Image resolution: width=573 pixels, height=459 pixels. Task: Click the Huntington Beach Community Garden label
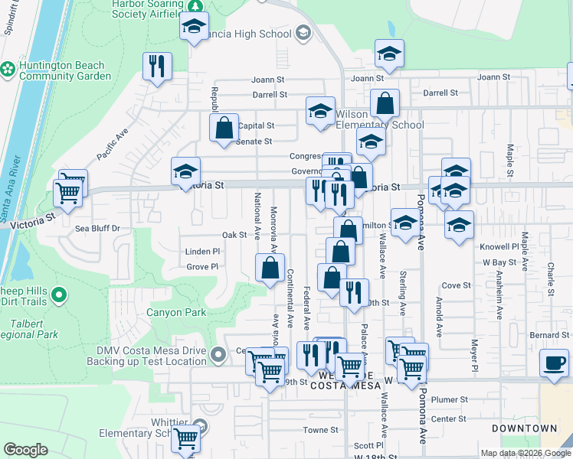click(x=64, y=70)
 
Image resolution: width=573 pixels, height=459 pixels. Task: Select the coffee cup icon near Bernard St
click(x=554, y=363)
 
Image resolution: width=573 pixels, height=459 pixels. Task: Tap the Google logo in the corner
click(x=25, y=450)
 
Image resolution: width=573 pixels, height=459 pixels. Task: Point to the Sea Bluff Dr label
click(x=97, y=228)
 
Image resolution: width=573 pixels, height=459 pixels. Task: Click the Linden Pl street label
click(x=202, y=251)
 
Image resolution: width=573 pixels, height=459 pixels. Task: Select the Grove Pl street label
click(x=203, y=267)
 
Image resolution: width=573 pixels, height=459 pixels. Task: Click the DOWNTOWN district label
click(x=524, y=428)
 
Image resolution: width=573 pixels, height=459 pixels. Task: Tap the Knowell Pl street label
click(x=499, y=247)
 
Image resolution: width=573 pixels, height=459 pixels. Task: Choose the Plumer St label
click(x=449, y=399)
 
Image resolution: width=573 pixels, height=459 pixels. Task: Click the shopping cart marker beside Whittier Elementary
click(x=186, y=439)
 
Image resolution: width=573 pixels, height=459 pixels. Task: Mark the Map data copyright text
click(x=525, y=453)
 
